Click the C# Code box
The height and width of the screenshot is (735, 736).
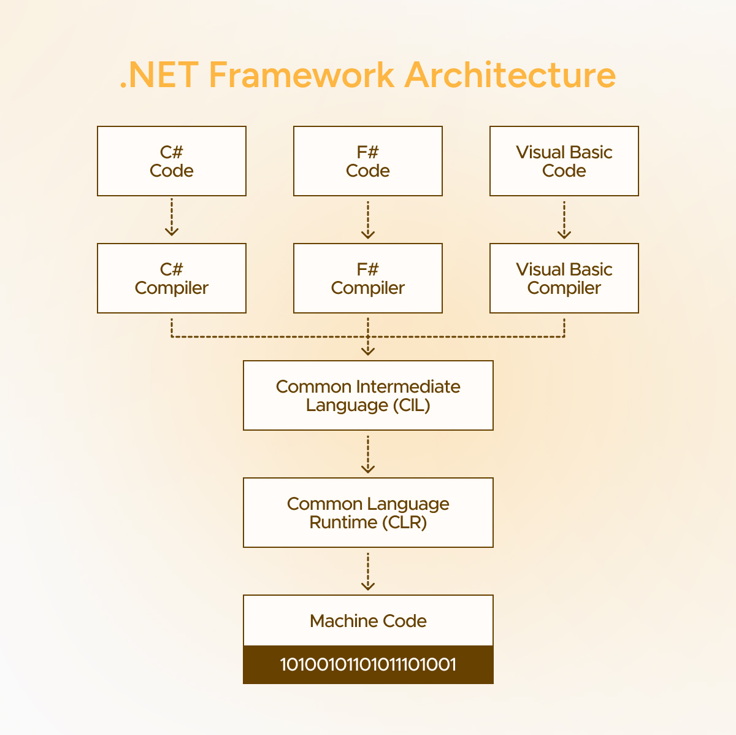pos(172,161)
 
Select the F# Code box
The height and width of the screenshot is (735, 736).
pos(368,161)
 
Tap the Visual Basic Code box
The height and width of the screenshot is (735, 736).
pos(564,161)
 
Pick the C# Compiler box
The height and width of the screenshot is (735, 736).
pos(172,279)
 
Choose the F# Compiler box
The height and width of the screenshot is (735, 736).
pos(368,279)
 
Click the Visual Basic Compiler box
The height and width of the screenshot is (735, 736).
pos(564,279)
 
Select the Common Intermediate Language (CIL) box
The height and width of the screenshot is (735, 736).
pos(368,396)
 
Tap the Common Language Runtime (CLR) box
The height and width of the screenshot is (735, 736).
pos(368,513)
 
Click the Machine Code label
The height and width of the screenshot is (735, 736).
pos(368,621)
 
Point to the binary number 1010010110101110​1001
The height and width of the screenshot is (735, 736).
pos(368,664)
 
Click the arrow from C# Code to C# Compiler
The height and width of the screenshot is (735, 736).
pos(172,217)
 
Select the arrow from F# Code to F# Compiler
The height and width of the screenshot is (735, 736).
pos(368,219)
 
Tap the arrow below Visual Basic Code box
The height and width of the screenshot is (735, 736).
pos(564,219)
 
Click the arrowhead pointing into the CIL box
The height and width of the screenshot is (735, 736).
pos(368,351)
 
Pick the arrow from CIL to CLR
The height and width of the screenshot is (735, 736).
pos(368,455)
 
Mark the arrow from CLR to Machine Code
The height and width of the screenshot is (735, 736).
pos(368,572)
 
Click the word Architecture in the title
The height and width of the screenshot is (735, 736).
pos(510,75)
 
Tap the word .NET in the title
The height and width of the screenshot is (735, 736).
pos(159,75)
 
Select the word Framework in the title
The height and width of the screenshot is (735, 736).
pos(301,75)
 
